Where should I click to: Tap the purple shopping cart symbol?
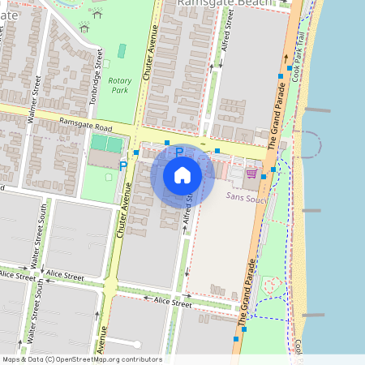coord(251,173)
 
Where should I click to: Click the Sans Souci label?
coord(247,197)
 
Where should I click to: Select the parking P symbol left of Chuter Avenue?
coord(123,165)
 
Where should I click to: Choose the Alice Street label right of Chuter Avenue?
coord(172,303)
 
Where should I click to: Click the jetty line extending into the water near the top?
coord(317,109)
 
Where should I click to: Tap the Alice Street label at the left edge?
coord(16,276)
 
